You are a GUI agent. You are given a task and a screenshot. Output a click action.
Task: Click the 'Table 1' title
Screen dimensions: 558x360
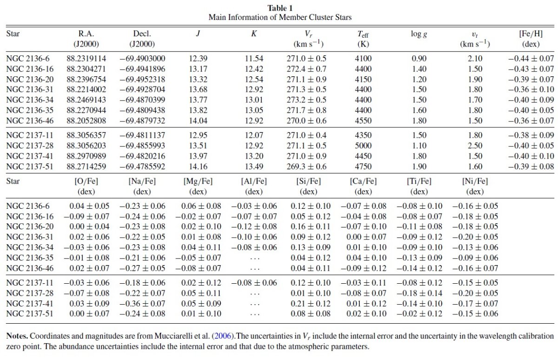280,8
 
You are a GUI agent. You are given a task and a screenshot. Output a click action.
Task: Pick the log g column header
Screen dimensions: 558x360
419,34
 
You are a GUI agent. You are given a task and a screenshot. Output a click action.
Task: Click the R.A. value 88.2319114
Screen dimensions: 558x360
86,59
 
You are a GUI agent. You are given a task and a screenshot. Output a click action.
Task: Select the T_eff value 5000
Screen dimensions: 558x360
363,146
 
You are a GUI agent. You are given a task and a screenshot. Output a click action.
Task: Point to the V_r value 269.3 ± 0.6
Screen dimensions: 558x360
306,167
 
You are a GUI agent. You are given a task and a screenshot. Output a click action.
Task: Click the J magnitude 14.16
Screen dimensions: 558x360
198,167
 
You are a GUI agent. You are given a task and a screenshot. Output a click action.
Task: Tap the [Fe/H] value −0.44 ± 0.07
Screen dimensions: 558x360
531,59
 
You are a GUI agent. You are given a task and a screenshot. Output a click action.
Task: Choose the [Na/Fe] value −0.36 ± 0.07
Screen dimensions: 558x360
142,303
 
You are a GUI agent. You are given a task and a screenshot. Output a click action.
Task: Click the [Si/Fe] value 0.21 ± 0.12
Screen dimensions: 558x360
311,303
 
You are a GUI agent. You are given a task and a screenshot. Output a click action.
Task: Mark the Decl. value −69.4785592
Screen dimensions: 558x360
142,167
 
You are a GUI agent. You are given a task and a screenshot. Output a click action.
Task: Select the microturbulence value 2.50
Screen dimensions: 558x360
475,146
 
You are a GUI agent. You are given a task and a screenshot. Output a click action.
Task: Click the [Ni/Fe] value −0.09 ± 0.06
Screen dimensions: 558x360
475,258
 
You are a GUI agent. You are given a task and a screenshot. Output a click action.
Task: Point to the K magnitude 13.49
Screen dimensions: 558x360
254,167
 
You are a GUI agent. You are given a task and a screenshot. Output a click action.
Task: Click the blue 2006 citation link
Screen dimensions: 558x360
223,336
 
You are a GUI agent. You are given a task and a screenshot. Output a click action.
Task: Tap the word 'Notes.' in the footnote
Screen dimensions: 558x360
17,336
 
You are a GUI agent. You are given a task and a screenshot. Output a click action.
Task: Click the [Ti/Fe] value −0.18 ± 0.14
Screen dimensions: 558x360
419,293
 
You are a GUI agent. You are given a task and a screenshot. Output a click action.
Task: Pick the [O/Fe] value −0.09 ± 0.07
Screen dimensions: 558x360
86,216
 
